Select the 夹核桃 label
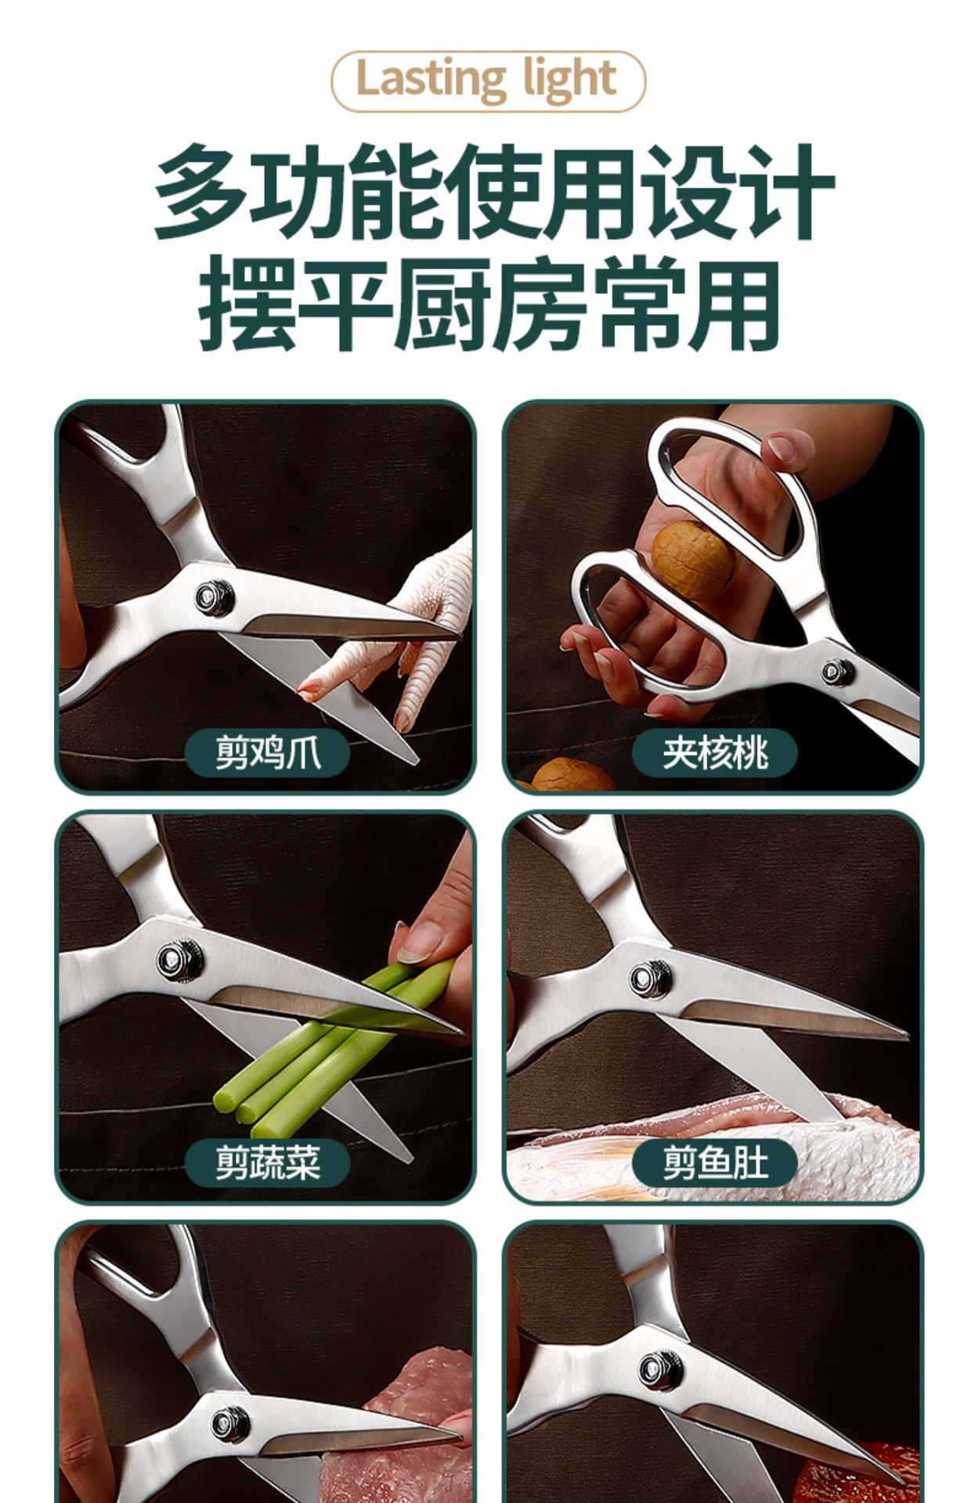[x=714, y=753]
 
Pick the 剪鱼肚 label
[x=714, y=1162]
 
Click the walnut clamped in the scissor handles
[x=693, y=561]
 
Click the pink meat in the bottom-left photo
[x=399, y=1425]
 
